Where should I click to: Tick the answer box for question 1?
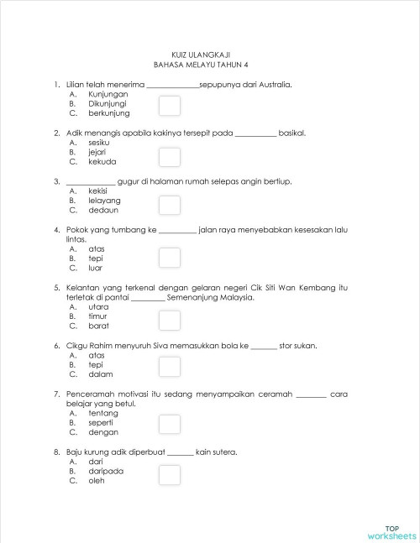(x=170, y=105)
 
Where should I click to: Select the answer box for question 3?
(x=170, y=206)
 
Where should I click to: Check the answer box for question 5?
(x=170, y=321)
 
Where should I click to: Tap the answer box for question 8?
(x=170, y=476)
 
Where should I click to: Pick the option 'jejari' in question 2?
(x=99, y=152)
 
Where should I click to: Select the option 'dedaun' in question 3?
(x=102, y=211)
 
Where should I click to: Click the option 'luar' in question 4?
(x=96, y=269)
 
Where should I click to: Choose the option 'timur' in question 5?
(x=99, y=316)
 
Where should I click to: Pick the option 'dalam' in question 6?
(x=101, y=374)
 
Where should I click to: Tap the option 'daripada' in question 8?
(x=106, y=471)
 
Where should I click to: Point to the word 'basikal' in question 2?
(x=291, y=133)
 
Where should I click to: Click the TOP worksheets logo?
(x=391, y=531)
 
